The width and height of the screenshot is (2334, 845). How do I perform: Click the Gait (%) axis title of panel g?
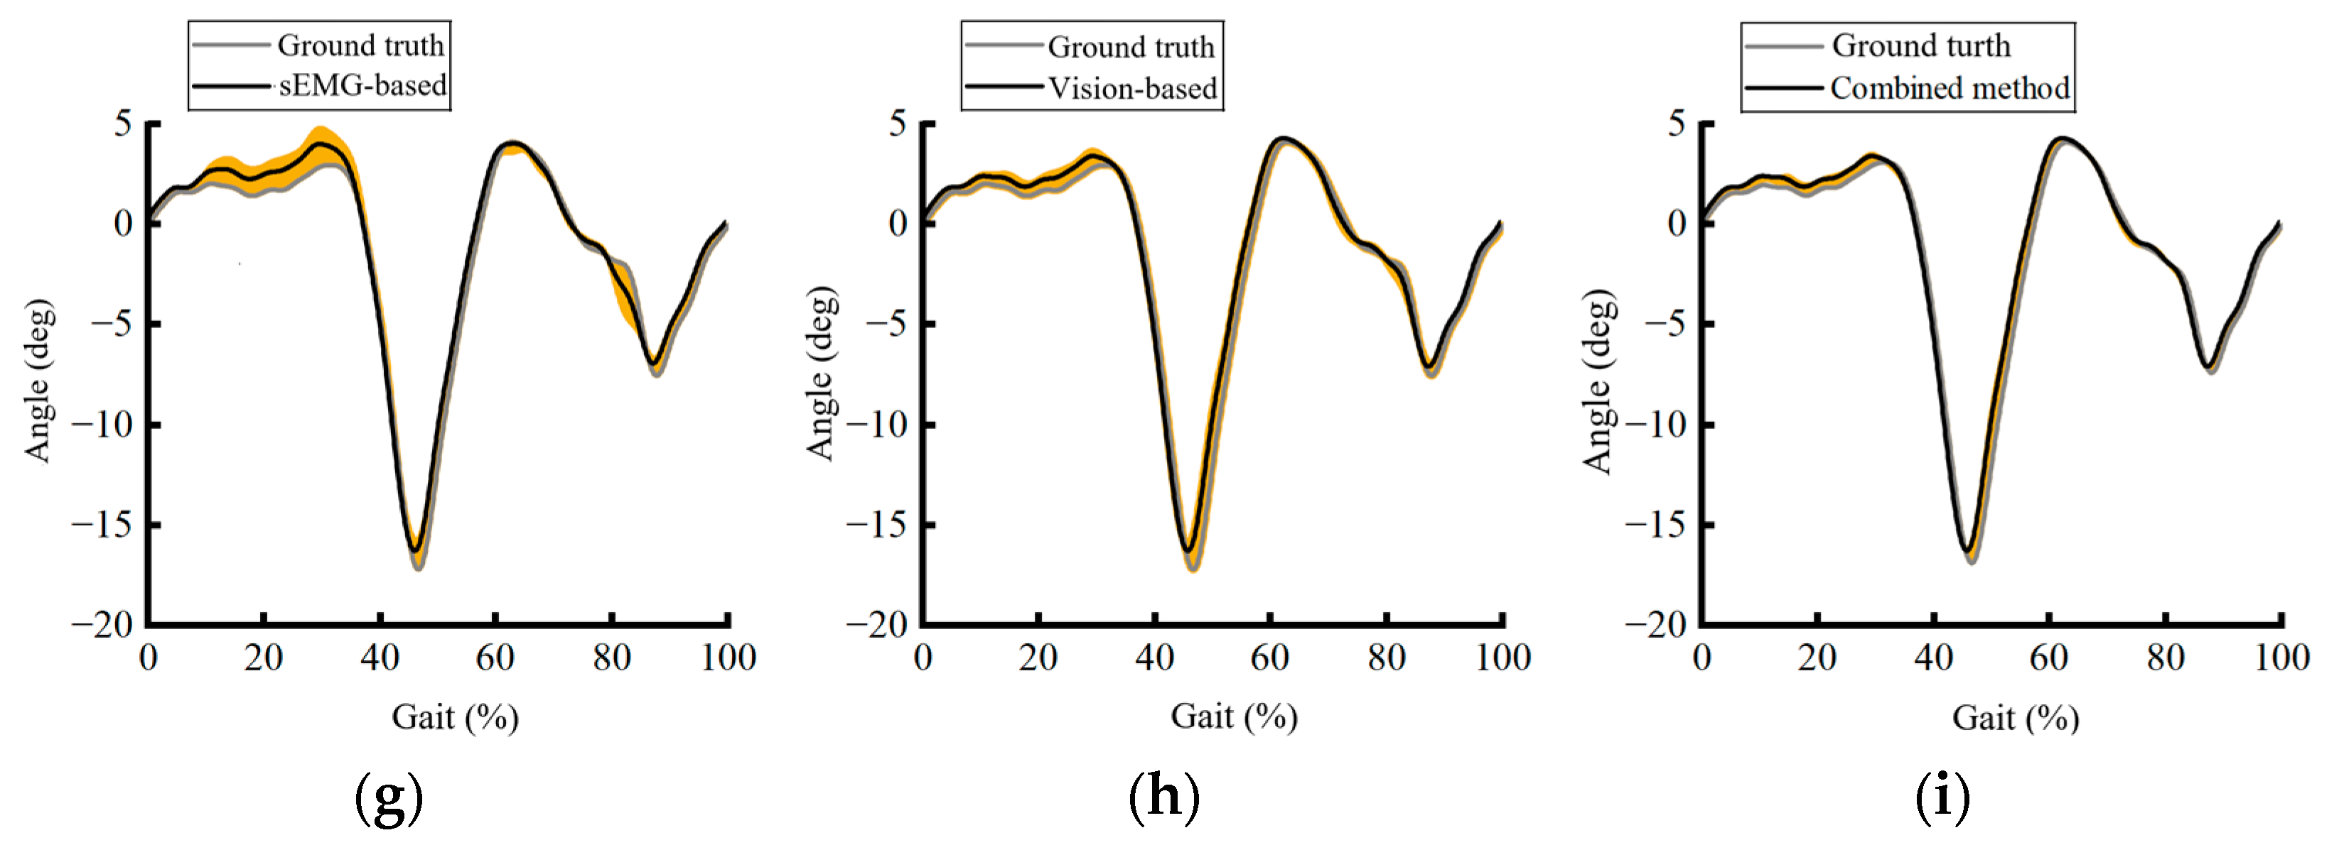tap(455, 717)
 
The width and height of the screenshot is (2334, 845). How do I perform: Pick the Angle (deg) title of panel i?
tap(1598, 381)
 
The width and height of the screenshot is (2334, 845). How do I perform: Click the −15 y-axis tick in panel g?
tap(103, 524)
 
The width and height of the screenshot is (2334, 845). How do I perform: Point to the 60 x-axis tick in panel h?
tap(1269, 657)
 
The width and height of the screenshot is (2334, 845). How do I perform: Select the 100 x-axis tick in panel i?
tap(2281, 657)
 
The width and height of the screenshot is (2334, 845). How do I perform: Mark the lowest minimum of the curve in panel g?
tap(416, 550)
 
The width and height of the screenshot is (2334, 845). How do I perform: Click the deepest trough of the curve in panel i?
tap(1968, 549)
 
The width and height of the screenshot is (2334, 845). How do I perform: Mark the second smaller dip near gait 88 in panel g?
tap(652, 363)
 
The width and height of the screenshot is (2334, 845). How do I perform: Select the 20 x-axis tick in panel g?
tap(263, 657)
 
